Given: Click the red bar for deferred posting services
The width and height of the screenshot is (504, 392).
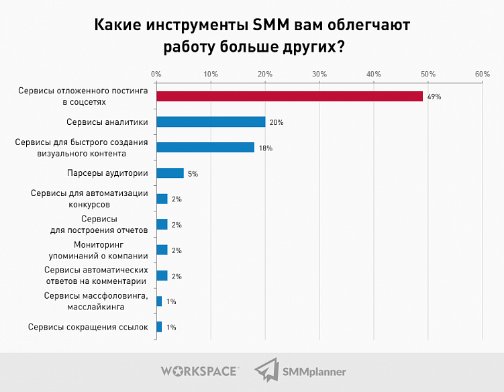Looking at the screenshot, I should click(289, 97).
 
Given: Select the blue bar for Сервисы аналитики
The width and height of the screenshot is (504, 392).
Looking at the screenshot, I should click(211, 122).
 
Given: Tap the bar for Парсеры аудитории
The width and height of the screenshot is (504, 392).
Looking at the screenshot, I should click(170, 173).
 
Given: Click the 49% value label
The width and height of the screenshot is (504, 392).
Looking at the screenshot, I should click(434, 97).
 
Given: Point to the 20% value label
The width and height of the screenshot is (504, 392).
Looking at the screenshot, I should click(276, 123).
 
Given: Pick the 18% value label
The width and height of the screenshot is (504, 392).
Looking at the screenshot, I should click(265, 148).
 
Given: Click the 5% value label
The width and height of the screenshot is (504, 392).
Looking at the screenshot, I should click(193, 174).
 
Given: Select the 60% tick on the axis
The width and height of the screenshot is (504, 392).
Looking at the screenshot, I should click(482, 74).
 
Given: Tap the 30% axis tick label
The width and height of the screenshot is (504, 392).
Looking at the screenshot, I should click(319, 74).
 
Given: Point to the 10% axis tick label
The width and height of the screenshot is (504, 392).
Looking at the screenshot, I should click(211, 74).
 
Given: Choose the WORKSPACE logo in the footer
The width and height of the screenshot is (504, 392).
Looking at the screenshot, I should click(199, 371).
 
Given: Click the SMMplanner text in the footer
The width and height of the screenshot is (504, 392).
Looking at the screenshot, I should click(314, 371).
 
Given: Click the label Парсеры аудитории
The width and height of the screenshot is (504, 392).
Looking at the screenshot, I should click(107, 173).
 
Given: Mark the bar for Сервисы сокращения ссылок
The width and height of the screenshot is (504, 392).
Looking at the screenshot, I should click(159, 327).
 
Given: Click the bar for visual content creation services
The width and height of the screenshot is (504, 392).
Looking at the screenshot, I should click(205, 148).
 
